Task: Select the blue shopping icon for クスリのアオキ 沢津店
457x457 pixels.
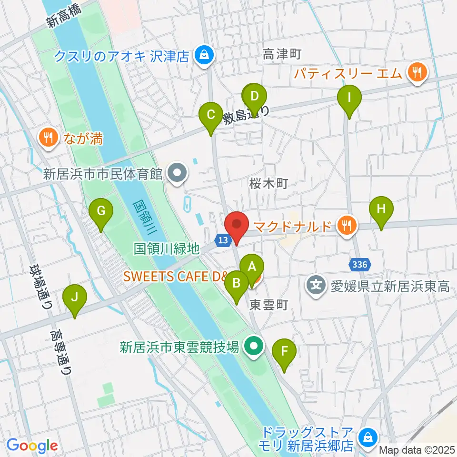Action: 204,56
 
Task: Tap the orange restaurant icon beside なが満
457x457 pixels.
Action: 48,139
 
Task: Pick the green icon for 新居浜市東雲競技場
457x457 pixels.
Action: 253,346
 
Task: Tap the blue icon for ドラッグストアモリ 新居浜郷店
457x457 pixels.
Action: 368,436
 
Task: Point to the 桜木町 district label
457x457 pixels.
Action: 269,184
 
